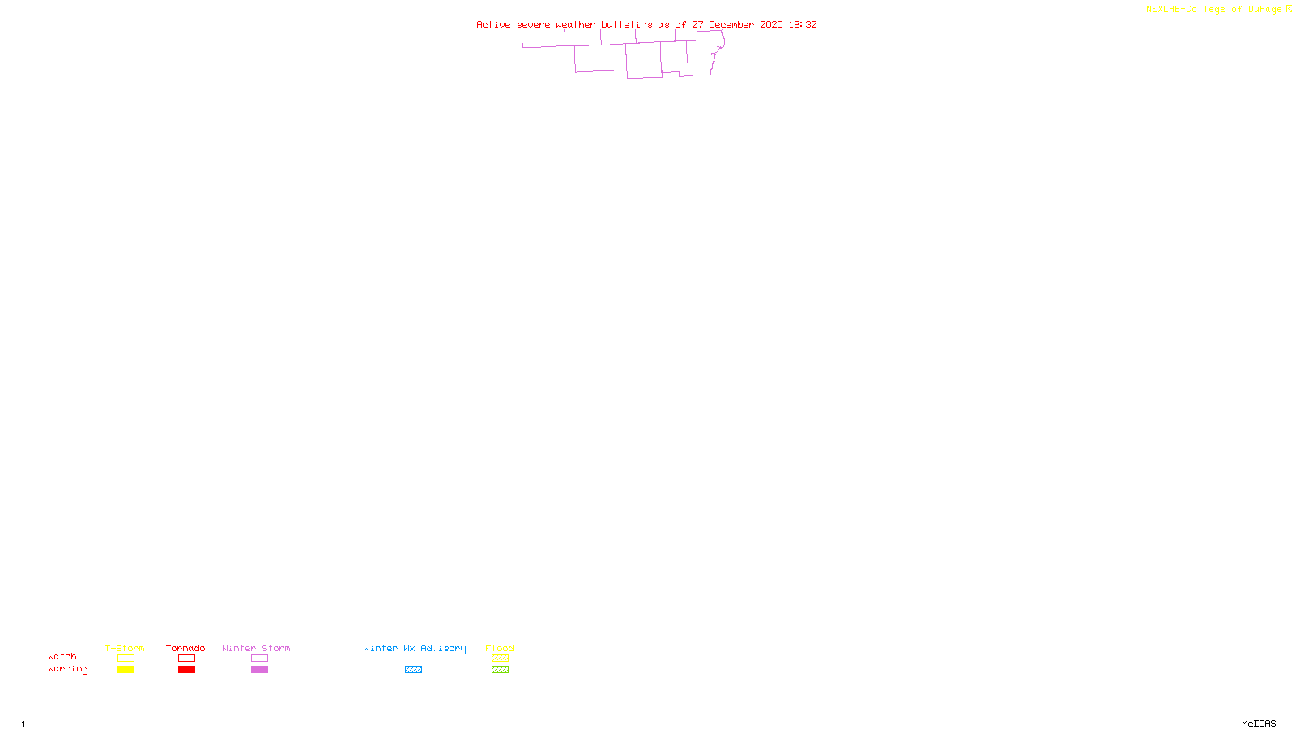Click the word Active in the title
pyautogui.click(x=493, y=24)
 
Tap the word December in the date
pyautogui.click(x=731, y=24)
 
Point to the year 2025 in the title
pyautogui.click(x=771, y=24)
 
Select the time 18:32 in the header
pyautogui.click(x=803, y=24)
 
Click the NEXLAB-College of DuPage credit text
pyautogui.click(x=1213, y=9)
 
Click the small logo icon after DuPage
pyautogui.click(x=1289, y=9)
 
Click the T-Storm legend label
pyautogui.click(x=125, y=648)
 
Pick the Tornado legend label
pyautogui.click(x=185, y=648)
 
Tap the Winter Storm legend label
pyautogui.click(x=256, y=648)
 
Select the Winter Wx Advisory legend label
pyautogui.click(x=415, y=648)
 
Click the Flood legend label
pyautogui.click(x=500, y=648)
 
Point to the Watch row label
pyautogui.click(x=62, y=656)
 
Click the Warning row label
pyautogui.click(x=67, y=669)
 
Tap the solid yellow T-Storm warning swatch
pyautogui.click(x=126, y=670)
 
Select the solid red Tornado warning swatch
pyautogui.click(x=186, y=670)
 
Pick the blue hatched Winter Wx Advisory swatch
pyautogui.click(x=413, y=670)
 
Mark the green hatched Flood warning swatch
pyautogui.click(x=500, y=670)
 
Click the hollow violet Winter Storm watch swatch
pyautogui.click(x=259, y=659)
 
